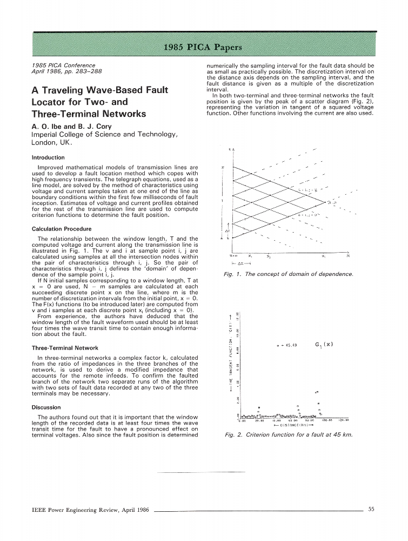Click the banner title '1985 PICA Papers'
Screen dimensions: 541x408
(204, 47)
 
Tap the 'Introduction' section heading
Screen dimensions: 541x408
(48, 158)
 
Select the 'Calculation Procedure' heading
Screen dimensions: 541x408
(62, 229)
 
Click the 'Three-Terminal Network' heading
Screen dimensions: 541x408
(65, 348)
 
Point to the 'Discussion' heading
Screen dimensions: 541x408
(46, 407)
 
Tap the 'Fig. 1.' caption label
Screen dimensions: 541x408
(233, 274)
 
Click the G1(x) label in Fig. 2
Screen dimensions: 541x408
(323, 344)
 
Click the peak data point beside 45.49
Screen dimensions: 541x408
(277, 345)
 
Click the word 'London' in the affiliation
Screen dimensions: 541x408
(46, 143)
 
